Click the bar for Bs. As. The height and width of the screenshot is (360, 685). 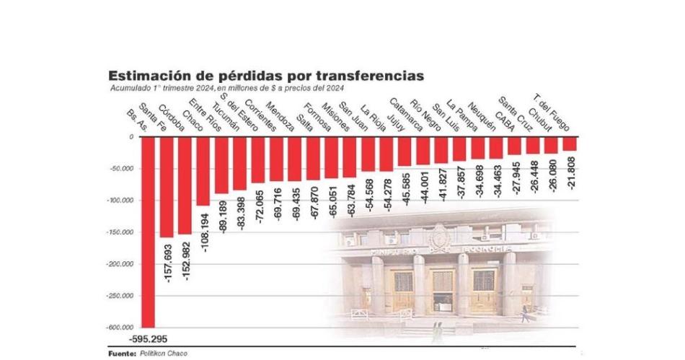tap(148, 231)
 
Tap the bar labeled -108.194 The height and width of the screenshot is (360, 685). tap(203, 170)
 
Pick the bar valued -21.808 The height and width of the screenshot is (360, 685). tap(570, 144)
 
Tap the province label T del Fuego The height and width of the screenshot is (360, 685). tap(551, 112)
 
